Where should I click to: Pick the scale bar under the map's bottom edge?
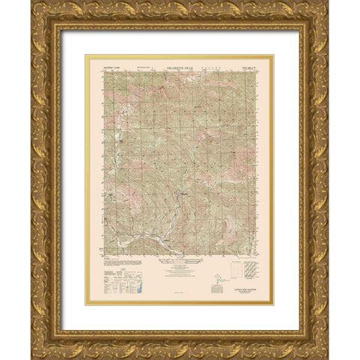[x=179, y=262]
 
